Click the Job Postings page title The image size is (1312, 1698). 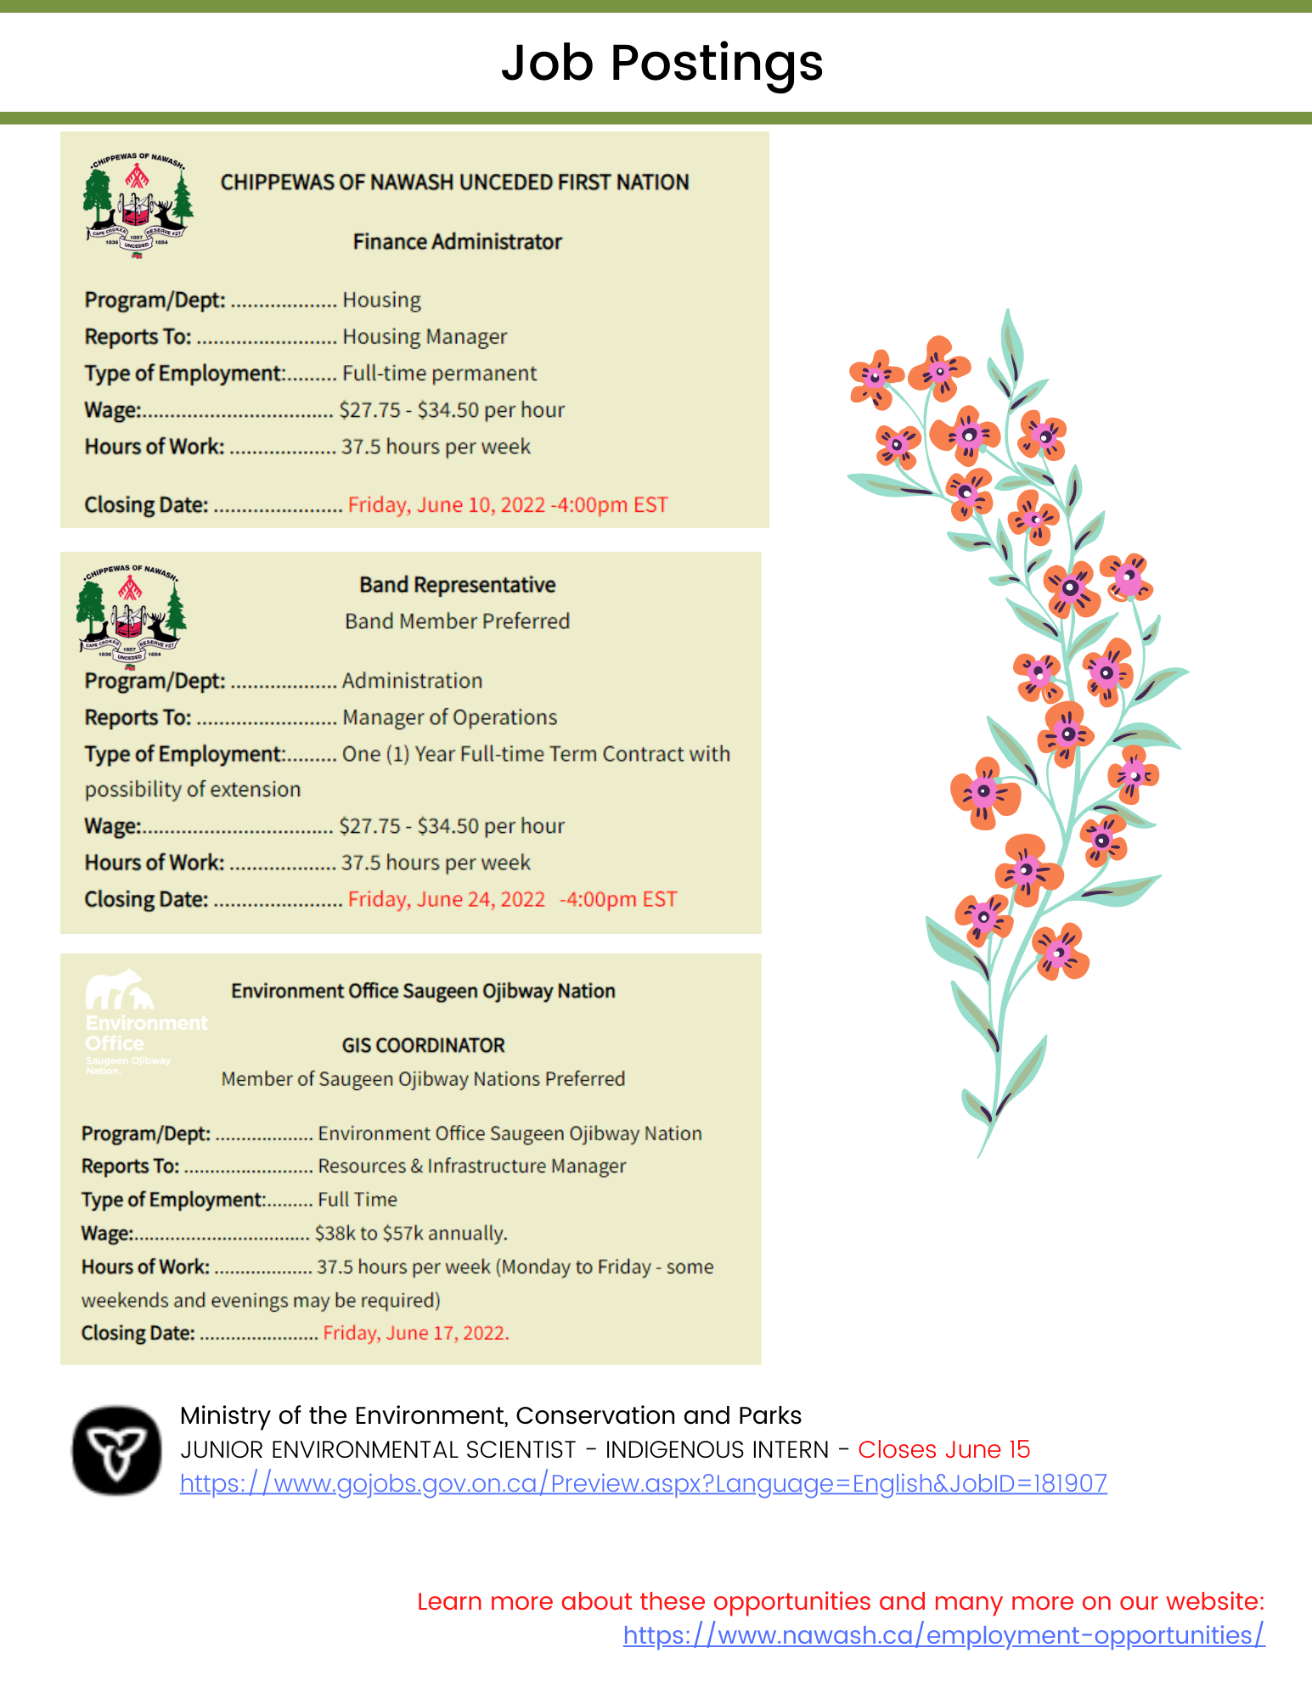point(662,63)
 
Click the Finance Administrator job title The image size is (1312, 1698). point(457,242)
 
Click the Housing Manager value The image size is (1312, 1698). point(425,337)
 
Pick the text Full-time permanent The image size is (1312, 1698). point(439,374)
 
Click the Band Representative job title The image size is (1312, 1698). point(457,585)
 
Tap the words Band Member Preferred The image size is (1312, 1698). point(457,621)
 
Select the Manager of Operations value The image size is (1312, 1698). point(449,717)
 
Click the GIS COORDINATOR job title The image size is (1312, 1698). point(423,1045)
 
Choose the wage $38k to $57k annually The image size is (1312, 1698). point(411,1234)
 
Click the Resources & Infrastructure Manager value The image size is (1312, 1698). point(471,1167)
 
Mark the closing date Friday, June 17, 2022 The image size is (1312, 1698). point(415,1333)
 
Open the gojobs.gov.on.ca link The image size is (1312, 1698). point(643,1483)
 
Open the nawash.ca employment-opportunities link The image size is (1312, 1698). point(943,1635)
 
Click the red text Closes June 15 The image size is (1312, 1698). point(943,1449)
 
